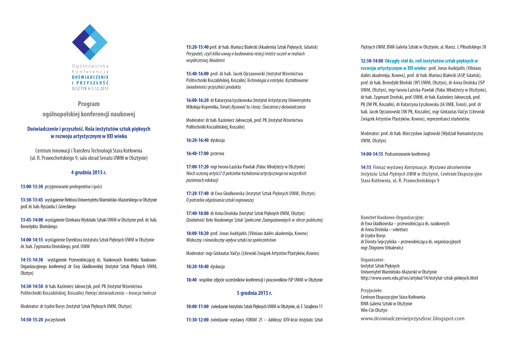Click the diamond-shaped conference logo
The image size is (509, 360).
click(x=89, y=42)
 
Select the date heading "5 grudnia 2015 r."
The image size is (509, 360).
click(x=254, y=293)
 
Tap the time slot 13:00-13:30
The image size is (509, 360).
click(x=32, y=186)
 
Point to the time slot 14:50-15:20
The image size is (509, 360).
click(x=32, y=320)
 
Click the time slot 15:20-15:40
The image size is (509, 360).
click(x=197, y=47)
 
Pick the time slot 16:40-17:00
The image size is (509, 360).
click(x=197, y=153)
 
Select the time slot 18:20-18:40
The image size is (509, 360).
click(x=197, y=266)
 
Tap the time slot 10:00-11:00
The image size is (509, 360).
click(x=197, y=306)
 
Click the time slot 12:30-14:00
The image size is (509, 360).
click(x=371, y=61)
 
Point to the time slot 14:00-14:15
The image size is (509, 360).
click(x=371, y=154)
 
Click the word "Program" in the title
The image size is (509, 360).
click(x=89, y=104)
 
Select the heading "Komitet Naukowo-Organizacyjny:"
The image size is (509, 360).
click(x=392, y=217)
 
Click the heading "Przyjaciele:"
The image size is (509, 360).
click(x=371, y=290)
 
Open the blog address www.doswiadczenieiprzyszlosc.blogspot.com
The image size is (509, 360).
click(x=412, y=319)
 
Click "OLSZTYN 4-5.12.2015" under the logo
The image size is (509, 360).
click(x=90, y=88)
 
